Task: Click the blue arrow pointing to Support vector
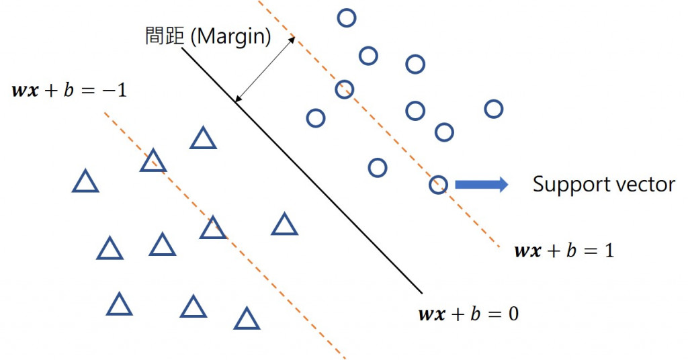(x=481, y=184)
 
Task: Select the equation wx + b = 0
(x=468, y=314)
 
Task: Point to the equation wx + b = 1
(x=564, y=252)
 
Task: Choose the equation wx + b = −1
(x=69, y=90)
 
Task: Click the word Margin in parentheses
(x=231, y=36)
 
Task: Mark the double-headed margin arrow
(x=265, y=69)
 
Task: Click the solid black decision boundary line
(x=302, y=175)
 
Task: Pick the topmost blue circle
(x=346, y=17)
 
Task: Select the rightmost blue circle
(x=493, y=108)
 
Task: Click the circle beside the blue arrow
(x=437, y=184)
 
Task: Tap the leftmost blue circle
(x=315, y=118)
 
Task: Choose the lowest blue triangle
(x=247, y=319)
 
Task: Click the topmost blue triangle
(x=202, y=138)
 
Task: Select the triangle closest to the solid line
(x=284, y=225)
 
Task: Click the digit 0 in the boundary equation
(x=512, y=314)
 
